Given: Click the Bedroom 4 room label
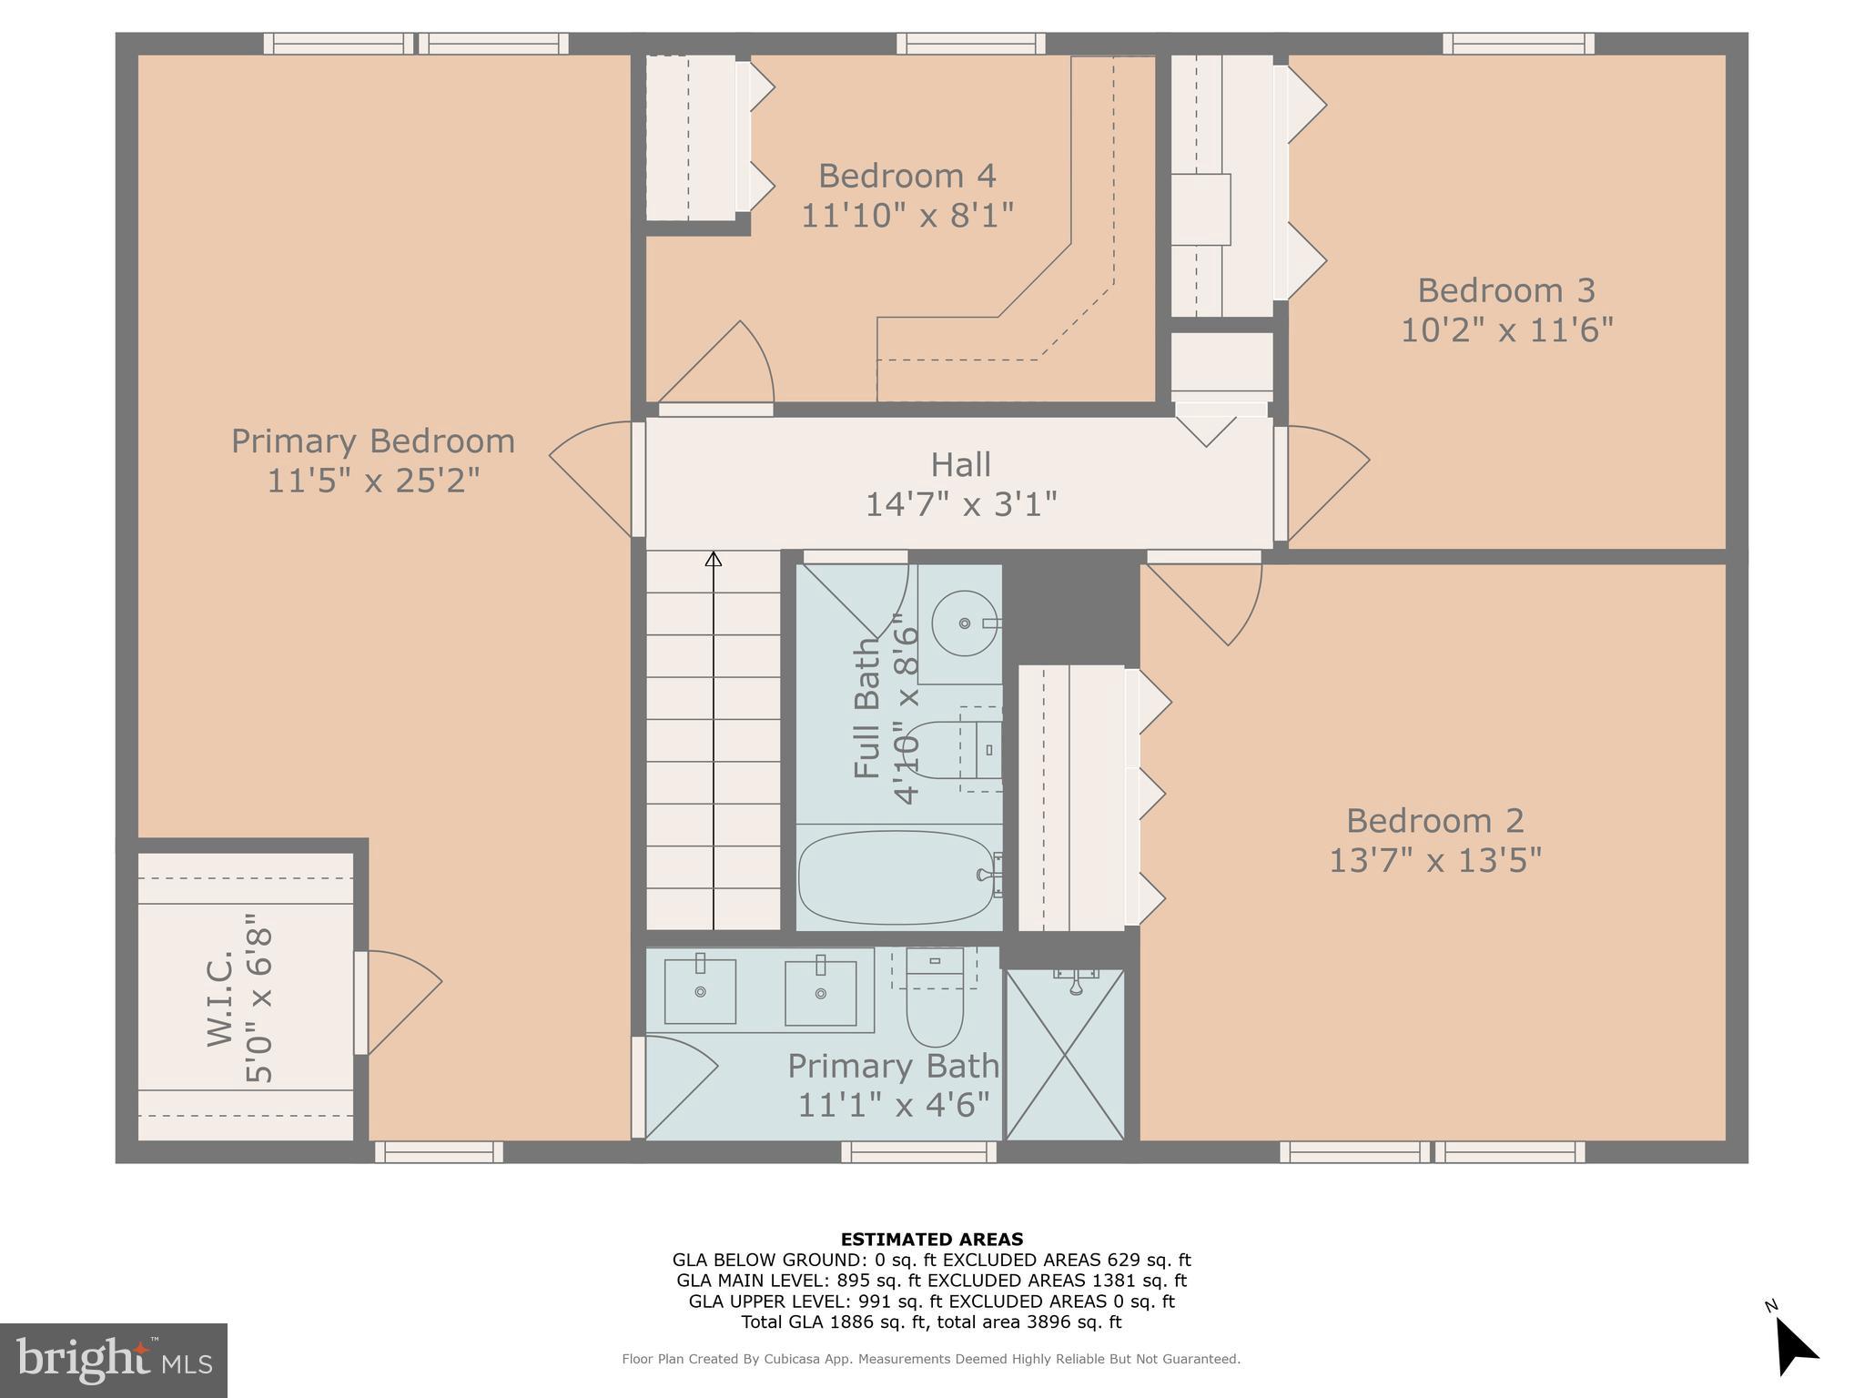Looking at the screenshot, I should (x=907, y=175).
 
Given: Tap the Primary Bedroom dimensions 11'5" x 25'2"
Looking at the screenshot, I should (x=373, y=480).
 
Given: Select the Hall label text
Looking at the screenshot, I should (x=960, y=465).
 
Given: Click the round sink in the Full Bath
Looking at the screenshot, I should (x=965, y=623).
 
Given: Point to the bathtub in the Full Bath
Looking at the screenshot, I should (x=897, y=876).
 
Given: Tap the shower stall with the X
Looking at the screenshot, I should (x=1065, y=1056).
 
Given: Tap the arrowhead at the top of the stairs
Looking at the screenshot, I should (x=714, y=559).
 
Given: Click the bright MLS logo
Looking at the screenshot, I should (x=113, y=1360).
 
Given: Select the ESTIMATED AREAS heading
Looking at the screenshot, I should (x=931, y=1239).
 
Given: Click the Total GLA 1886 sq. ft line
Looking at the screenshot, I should (x=931, y=1322).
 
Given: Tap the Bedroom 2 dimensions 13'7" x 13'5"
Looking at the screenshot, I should (x=1435, y=859).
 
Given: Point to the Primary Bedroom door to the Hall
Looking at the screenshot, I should (x=592, y=478).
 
